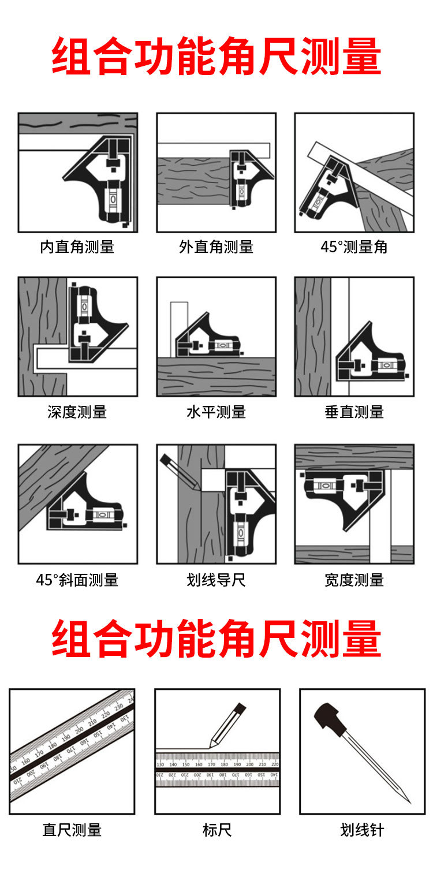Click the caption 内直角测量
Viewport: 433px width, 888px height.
pos(77,247)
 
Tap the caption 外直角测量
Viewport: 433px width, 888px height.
pos(216,247)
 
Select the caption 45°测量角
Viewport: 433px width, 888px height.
pos(354,247)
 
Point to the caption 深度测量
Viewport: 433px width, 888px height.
pos(77,412)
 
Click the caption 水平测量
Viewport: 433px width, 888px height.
pos(216,412)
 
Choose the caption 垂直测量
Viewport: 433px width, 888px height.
pos(354,412)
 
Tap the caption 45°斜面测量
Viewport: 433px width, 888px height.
pos(77,580)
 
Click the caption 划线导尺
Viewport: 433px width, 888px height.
pos(216,580)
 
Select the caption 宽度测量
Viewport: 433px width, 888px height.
pos(354,580)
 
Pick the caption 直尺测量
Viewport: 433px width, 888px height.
pos(72,830)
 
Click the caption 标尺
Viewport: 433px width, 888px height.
pos(217,830)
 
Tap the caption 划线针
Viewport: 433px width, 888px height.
pos(362,830)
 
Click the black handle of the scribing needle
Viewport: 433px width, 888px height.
pos(330,718)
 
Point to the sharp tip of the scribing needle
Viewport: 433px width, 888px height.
pos(409,803)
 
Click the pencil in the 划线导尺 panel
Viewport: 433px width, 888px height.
pos(180,472)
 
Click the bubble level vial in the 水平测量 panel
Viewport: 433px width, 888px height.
pos(222,345)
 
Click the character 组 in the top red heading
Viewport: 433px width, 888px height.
pos(71,55)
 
